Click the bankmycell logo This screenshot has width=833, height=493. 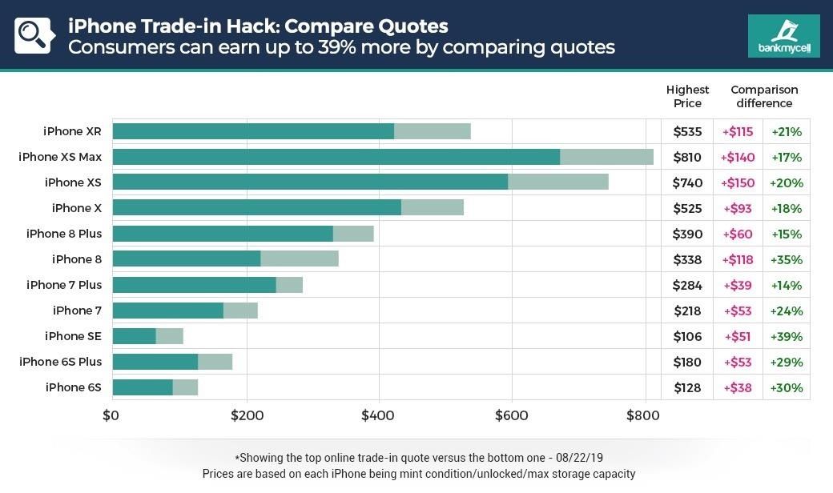point(783,36)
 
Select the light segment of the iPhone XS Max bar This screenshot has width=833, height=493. point(606,157)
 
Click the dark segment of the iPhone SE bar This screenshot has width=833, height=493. point(134,336)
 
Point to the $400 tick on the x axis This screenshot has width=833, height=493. point(378,415)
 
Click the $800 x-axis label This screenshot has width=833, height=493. point(643,415)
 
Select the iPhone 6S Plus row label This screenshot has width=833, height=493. point(61,362)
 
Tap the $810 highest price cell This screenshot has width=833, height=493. point(687,158)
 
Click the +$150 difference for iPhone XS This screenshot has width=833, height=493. point(738,183)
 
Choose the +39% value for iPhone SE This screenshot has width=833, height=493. point(786,337)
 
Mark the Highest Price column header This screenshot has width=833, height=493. point(687,96)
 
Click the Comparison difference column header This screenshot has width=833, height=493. point(764,96)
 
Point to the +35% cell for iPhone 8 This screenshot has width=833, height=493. point(786,260)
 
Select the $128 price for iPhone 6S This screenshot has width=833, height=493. point(687,388)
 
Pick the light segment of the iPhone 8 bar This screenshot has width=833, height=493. point(300,259)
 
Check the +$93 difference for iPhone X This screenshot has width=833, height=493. point(738,209)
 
